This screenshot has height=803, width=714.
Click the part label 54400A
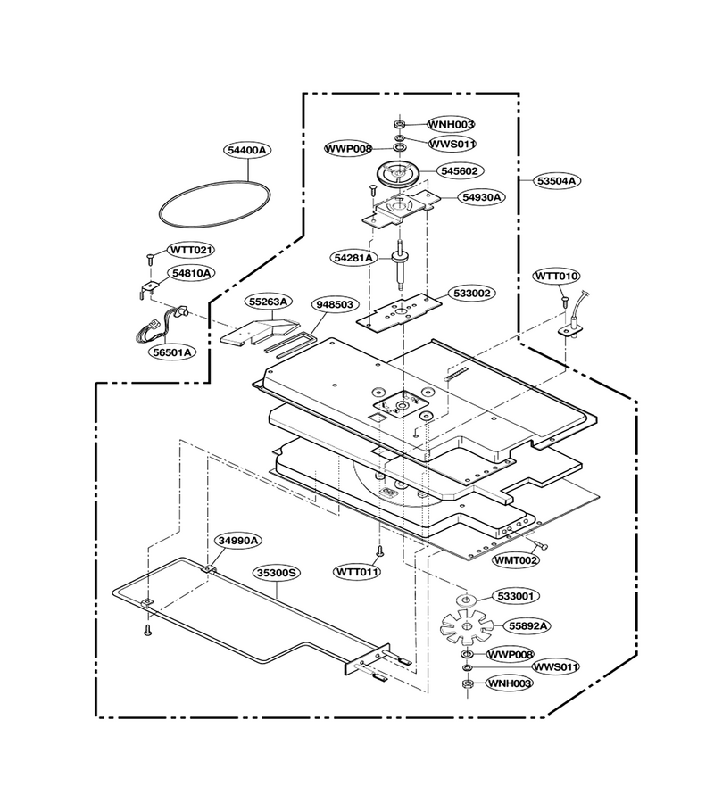coord(248,150)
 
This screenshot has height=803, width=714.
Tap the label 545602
coord(460,170)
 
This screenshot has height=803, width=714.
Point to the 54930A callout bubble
coord(481,196)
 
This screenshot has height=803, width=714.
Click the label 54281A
coord(354,258)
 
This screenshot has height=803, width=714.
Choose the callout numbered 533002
coord(471,293)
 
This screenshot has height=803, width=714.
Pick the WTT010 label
coord(557,276)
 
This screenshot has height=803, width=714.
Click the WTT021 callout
coord(190,250)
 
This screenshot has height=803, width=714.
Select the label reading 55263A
coord(268,302)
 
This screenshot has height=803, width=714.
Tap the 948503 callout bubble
coord(335,304)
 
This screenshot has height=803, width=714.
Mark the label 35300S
coord(277,572)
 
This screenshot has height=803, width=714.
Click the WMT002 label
coord(516,560)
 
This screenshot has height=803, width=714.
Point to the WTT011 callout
coord(357,571)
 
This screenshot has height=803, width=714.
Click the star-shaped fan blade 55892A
coord(467,626)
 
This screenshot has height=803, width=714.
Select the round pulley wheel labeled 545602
coord(398,174)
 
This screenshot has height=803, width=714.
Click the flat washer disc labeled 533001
coord(467,600)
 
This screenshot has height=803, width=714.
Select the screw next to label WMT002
coord(540,545)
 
